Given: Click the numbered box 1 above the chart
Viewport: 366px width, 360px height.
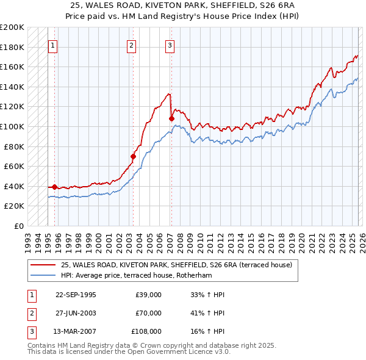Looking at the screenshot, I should [53, 45].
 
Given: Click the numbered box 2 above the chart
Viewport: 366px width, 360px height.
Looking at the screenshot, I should [132, 45].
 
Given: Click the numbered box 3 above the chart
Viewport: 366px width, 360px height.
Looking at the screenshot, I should [170, 45].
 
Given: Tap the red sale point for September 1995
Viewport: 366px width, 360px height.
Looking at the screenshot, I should [55, 187].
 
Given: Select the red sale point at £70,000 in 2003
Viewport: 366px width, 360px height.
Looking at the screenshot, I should [133, 156].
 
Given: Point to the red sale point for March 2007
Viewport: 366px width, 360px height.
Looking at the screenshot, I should [171, 118].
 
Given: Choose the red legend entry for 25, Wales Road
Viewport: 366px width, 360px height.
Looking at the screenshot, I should [176, 265].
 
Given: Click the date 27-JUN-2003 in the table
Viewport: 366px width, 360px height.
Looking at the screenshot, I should [76, 313].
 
